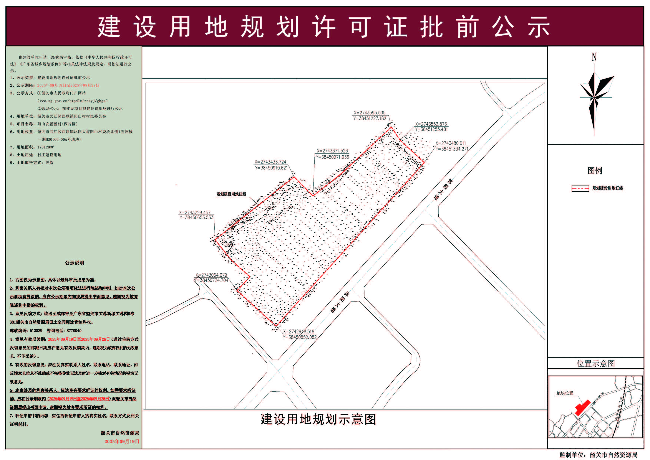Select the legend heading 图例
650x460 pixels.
point(595,171)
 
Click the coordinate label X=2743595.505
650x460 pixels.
point(369,113)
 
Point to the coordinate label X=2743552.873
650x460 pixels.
point(431,124)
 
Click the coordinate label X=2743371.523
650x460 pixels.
point(332,151)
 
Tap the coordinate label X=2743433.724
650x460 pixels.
point(270,162)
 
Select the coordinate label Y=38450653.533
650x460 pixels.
point(196,217)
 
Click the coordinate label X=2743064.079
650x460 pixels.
point(211,275)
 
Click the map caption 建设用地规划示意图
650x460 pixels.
point(318,419)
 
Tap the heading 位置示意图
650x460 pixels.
point(596,363)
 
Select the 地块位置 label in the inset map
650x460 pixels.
point(565,393)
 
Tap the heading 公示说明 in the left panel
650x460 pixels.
point(74,263)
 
